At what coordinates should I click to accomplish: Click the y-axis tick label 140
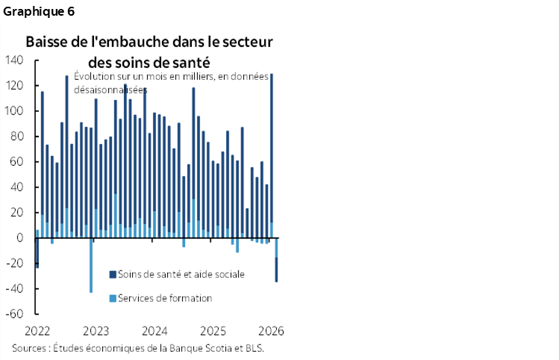[x=14, y=60]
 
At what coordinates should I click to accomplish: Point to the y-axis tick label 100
[x=14, y=111]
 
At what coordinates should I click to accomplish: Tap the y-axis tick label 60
[x=17, y=162]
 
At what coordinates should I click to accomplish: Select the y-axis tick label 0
[x=20, y=238]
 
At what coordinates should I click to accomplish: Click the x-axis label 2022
[x=37, y=330]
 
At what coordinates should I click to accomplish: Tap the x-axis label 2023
[x=96, y=330]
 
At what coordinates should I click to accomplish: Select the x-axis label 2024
[x=154, y=330]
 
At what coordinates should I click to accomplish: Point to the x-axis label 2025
[x=213, y=330]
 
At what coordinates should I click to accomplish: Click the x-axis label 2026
[x=271, y=330]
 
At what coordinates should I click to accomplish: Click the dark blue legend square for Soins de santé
[x=113, y=274]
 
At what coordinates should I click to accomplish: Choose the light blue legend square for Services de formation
[x=113, y=298]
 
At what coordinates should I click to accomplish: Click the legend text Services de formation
[x=166, y=298]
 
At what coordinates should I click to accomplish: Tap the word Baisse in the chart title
[x=44, y=42]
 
